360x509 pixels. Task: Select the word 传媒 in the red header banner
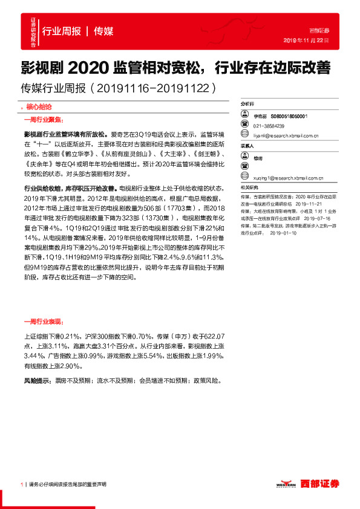point(104,31)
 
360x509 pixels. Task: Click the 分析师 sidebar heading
point(248,104)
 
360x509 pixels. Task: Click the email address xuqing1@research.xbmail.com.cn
point(288,178)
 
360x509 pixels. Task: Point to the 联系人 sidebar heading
point(248,146)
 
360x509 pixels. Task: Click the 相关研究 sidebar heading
point(249,188)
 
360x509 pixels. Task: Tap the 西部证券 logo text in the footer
point(320,483)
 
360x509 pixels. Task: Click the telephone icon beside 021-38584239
point(247,126)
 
